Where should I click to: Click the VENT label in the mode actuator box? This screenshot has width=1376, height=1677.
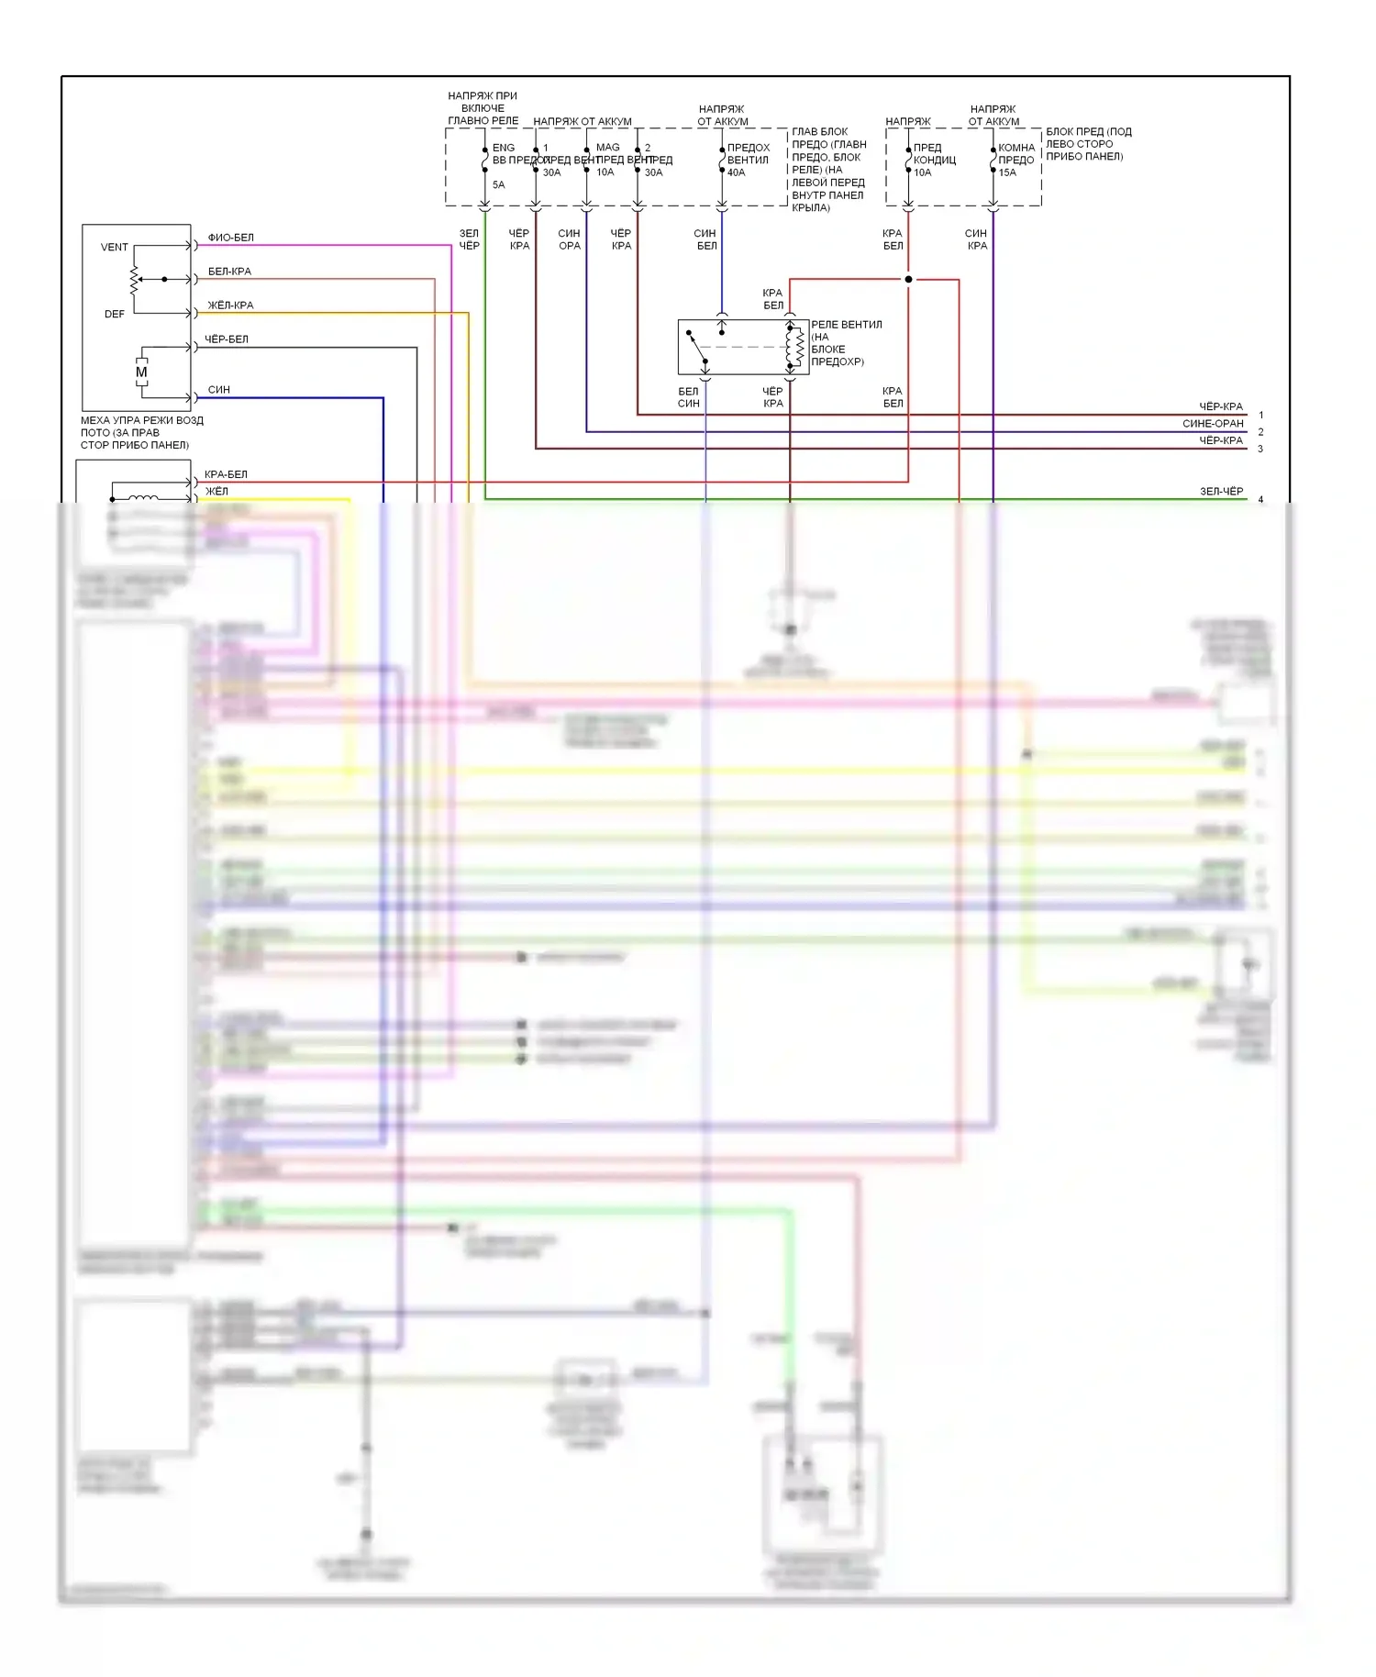[x=115, y=247]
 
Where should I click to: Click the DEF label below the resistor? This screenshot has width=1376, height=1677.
[x=115, y=314]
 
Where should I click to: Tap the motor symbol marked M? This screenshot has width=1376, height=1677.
[x=141, y=372]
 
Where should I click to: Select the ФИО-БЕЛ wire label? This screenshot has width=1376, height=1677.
[x=230, y=238]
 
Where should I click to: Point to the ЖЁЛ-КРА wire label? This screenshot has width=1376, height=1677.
[x=230, y=305]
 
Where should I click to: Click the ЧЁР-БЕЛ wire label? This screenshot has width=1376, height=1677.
[x=227, y=339]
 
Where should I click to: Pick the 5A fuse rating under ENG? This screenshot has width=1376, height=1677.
[x=499, y=184]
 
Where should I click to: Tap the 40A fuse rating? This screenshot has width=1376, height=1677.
[x=737, y=172]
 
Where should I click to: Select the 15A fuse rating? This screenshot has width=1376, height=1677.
[x=1007, y=172]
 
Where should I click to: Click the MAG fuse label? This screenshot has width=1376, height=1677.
[x=607, y=147]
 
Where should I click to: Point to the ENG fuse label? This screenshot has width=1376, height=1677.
[x=504, y=147]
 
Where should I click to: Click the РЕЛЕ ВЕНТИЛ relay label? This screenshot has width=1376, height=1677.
[x=847, y=325]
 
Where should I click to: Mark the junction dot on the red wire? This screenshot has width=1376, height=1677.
[x=908, y=279]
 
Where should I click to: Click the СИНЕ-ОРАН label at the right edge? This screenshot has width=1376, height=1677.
[x=1213, y=424]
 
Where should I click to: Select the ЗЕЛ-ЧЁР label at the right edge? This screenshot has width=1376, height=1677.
[x=1221, y=492]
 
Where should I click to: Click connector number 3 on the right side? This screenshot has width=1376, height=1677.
[x=1260, y=450]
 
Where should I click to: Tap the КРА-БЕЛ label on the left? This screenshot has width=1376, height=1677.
[x=226, y=474]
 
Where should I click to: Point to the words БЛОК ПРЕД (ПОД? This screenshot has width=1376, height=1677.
[x=1089, y=132]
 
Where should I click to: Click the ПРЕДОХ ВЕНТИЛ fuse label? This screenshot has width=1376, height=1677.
[x=749, y=153]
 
